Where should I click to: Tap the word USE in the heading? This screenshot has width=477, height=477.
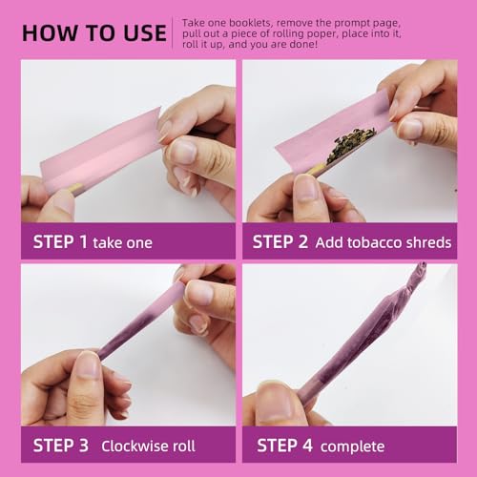point(145,33)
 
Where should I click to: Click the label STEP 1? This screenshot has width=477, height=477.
point(60,242)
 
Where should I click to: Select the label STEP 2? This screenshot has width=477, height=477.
point(280,242)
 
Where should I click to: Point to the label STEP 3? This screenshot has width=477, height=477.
point(61,446)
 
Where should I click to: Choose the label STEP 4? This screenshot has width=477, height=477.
point(284,446)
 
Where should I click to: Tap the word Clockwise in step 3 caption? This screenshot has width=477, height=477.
point(135,446)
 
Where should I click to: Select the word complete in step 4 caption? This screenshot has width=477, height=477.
point(352,446)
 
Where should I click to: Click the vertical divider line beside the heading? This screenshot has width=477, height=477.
point(173,32)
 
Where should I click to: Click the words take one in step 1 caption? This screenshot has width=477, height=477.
point(122,243)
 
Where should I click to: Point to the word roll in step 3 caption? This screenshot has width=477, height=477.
point(184,446)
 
